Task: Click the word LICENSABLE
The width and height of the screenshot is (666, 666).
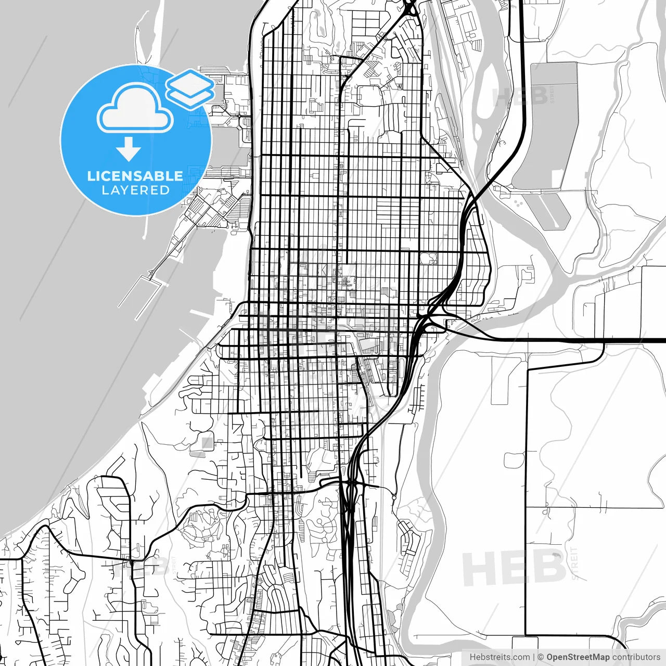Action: pyautogui.click(x=135, y=176)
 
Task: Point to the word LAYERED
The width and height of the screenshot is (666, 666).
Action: pyautogui.click(x=135, y=190)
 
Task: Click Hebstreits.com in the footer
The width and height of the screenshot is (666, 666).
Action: pyautogui.click(x=500, y=657)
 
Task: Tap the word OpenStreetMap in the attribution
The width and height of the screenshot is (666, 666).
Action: pyautogui.click(x=578, y=657)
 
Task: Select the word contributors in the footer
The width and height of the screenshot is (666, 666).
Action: pyautogui.click(x=636, y=657)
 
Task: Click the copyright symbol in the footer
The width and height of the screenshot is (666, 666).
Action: pyautogui.click(x=541, y=657)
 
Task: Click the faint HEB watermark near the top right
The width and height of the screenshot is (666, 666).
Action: pyautogui.click(x=520, y=96)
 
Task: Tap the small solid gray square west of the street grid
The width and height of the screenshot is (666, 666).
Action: pyautogui.click(x=207, y=443)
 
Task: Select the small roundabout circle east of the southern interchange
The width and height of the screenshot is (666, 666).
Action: pyautogui.click(x=394, y=498)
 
